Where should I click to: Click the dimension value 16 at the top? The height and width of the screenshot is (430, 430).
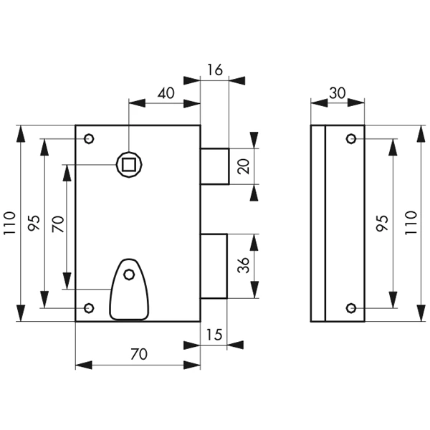pos(215,70)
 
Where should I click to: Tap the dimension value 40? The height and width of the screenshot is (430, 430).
pos(166,93)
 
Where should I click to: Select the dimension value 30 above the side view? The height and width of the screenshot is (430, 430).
pos(338,93)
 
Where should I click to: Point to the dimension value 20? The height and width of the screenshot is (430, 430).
pos(244,166)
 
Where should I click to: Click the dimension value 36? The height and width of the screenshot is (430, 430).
pos(244,265)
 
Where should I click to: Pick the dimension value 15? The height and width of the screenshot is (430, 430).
pos(214,335)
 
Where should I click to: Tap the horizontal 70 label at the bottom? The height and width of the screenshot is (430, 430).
pos(139,354)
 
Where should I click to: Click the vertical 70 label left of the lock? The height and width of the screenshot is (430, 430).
pos(58,224)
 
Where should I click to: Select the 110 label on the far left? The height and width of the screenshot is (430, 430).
pos(9,223)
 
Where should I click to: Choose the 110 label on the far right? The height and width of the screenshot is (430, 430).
pos(411,223)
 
